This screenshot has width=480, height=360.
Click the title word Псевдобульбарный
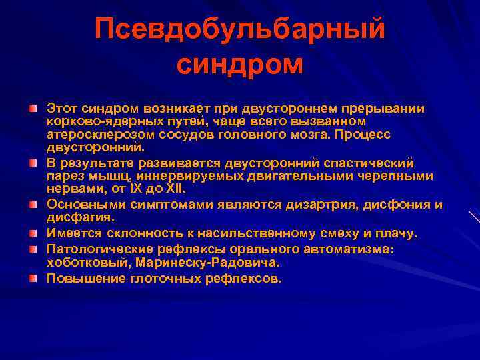240,29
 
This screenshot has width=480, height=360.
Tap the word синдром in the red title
240,65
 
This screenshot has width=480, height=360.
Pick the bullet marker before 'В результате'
33,163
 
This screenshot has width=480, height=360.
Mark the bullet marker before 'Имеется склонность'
33,233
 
